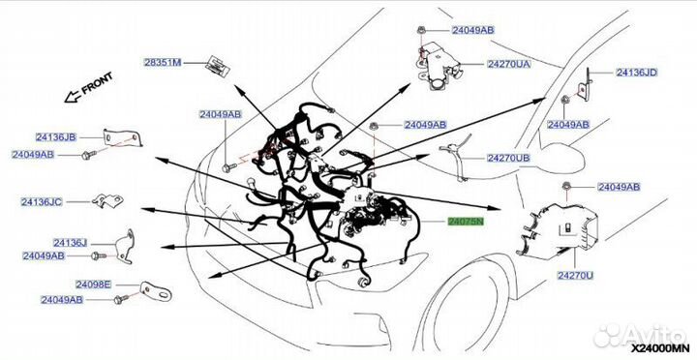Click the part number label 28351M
163,63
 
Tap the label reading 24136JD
637,72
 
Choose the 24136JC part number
43,201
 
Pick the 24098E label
62,285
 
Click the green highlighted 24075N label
471,222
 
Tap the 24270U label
576,276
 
